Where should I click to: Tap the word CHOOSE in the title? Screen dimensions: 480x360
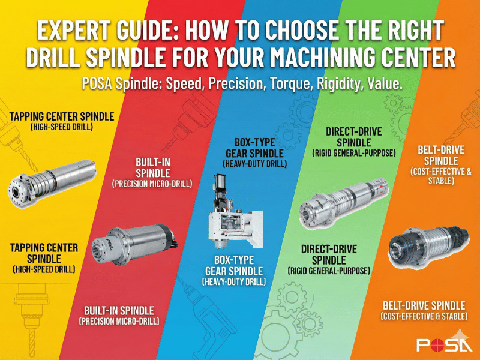click(x=302, y=31)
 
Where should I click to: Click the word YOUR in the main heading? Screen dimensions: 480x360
click(x=239, y=57)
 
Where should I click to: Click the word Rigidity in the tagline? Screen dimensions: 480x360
click(x=340, y=84)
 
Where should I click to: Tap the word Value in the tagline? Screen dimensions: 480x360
click(x=385, y=83)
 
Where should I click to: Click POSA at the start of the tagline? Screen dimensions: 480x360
click(x=97, y=84)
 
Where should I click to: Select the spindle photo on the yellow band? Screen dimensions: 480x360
click(x=52, y=183)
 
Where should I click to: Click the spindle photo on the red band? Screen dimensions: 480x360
click(x=134, y=245)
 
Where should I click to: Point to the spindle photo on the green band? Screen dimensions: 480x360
click(x=343, y=203)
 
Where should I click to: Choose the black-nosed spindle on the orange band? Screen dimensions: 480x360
click(x=428, y=245)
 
